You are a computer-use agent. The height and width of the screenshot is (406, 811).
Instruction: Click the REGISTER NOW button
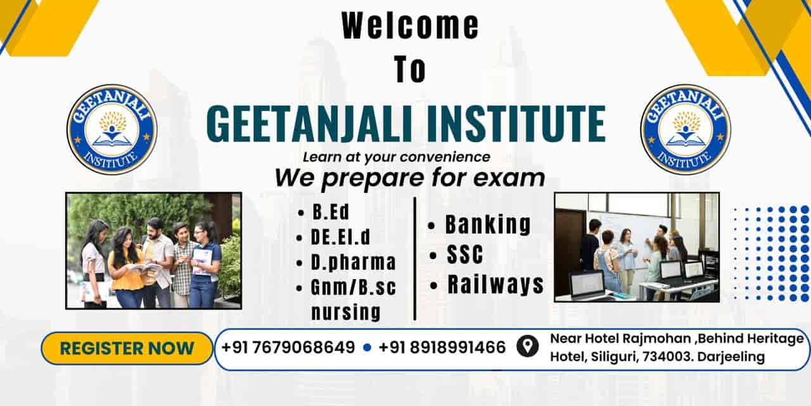127,348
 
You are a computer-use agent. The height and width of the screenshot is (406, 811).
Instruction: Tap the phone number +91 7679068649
288,348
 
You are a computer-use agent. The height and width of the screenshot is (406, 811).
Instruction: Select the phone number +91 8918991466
442,348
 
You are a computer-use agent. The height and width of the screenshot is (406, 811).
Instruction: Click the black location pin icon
527,347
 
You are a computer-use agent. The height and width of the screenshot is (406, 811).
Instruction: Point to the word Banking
488,225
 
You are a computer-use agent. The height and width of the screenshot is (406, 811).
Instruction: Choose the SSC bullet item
464,255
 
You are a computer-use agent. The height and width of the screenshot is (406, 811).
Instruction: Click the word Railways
495,285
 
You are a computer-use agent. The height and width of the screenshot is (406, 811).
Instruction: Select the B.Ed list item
331,212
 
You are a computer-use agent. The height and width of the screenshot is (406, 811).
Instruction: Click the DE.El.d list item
341,237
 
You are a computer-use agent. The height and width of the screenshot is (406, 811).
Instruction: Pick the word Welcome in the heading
410,27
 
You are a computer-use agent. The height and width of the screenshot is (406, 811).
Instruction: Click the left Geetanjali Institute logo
112,129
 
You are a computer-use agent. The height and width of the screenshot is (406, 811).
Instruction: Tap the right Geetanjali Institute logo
686,129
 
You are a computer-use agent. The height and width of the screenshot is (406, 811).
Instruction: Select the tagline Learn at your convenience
396,156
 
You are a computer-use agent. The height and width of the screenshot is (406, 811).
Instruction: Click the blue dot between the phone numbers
367,348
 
